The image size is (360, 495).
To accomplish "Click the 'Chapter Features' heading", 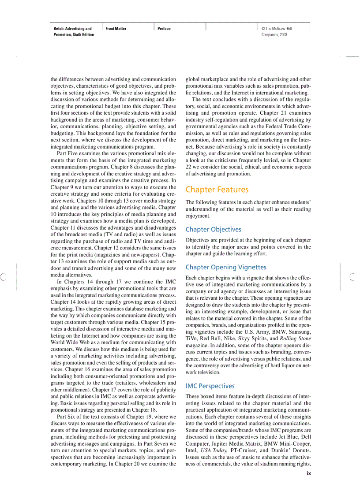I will pos(217,190).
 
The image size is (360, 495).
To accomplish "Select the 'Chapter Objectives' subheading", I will pos(213,229).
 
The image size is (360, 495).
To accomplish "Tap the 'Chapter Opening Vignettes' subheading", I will pos(226,267).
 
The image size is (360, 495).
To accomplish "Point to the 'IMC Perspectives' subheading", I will pos(210,386).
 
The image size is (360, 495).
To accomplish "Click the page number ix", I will pos(309,474).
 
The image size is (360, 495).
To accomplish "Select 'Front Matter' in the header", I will pos(116,29).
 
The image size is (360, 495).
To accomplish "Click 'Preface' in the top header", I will pos(164,29).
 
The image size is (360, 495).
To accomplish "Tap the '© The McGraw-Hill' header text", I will pos(277,29).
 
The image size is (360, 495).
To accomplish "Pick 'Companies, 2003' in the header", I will pos(274,34).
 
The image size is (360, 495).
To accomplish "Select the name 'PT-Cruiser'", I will pos(245,450).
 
